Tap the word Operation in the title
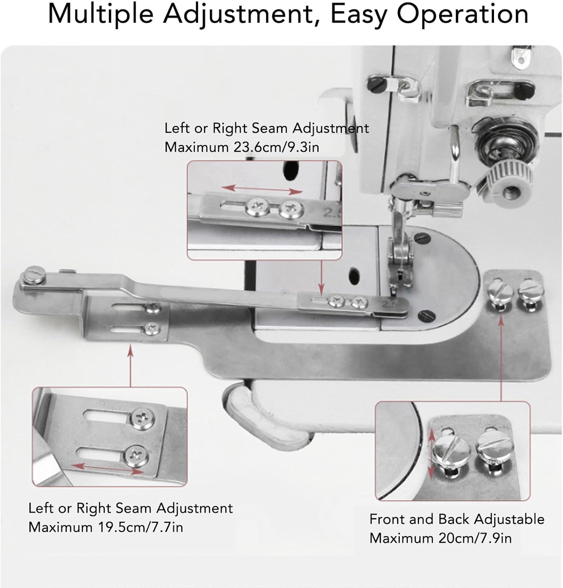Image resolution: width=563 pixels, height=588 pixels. [x=463, y=15]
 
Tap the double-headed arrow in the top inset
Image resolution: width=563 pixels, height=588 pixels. [x=262, y=190]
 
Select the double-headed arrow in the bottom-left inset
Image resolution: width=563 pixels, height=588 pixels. [x=108, y=468]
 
